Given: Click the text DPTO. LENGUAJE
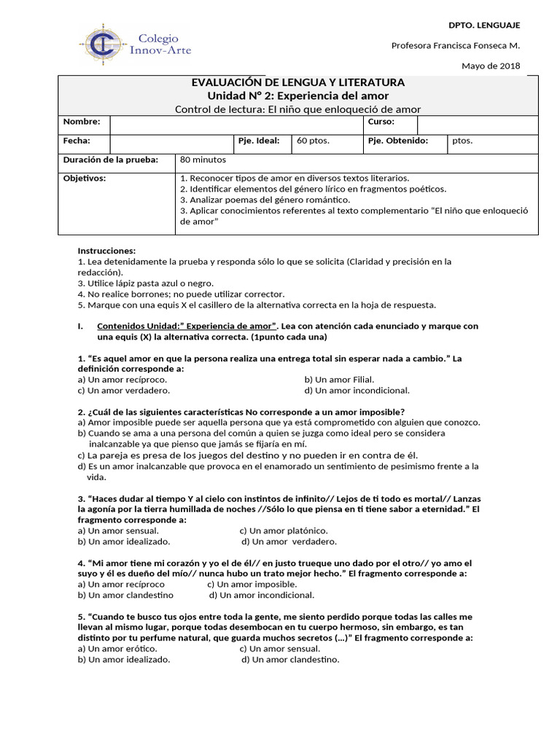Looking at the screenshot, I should coord(489,25).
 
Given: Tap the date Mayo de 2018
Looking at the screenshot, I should coord(491,66).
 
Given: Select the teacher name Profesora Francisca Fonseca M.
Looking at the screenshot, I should coord(456,45).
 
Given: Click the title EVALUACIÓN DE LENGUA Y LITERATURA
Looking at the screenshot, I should coord(297,82).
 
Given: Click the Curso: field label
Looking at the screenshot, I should coord(381,122).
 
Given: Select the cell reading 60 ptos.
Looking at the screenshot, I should coord(314,141).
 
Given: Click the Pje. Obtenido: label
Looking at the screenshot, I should coord(397,141).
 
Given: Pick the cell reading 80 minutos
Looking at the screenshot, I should coord(203,160).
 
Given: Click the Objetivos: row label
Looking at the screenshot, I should coord(84,178).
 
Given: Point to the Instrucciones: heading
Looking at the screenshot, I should coord(106,251).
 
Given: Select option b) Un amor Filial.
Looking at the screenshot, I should coord(339,380).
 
